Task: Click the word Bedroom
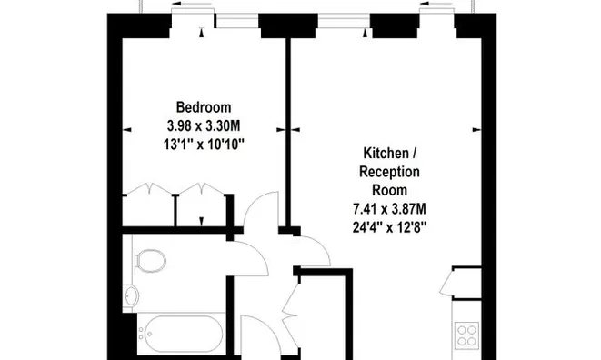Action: (x=204, y=107)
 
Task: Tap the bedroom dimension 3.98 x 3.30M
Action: (x=204, y=125)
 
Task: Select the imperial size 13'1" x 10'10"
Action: (x=204, y=145)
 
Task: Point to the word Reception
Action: (x=389, y=172)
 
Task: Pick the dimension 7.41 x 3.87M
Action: (x=389, y=209)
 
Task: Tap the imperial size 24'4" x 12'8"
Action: (x=389, y=228)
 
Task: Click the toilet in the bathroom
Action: (x=150, y=261)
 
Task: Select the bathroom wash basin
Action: (x=131, y=296)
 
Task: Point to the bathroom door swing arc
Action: (x=259, y=251)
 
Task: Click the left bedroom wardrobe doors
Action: (x=149, y=189)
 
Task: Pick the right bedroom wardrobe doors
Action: (x=202, y=189)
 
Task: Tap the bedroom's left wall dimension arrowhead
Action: (x=127, y=130)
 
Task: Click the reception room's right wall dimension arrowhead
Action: (x=476, y=130)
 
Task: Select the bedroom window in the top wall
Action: (x=237, y=21)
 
